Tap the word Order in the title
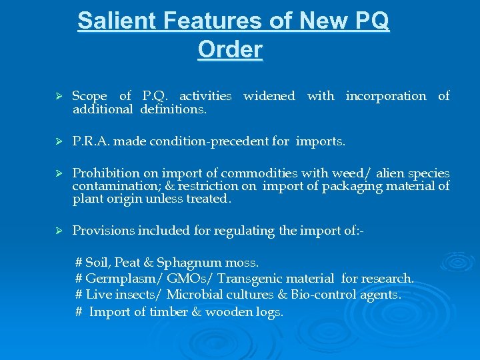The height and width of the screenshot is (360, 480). [x=230, y=49]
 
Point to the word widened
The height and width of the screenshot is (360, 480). [x=269, y=96]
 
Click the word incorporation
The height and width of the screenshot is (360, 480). [x=385, y=96]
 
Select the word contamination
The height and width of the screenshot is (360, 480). [x=112, y=186]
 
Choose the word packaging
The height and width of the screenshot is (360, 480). [x=352, y=186]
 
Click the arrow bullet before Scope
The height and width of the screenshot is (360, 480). [x=58, y=96]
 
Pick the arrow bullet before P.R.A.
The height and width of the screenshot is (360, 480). [x=58, y=141]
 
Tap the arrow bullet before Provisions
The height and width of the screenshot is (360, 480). [x=58, y=231]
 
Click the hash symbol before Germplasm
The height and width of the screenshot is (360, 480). [x=79, y=279]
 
